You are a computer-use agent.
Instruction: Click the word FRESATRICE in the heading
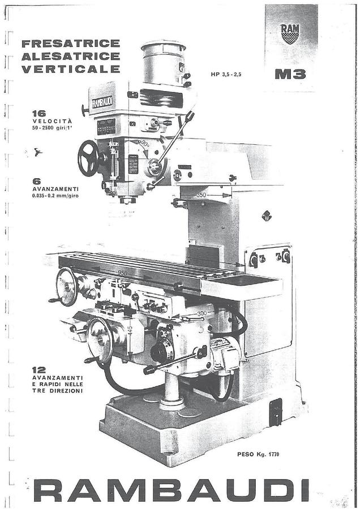click(x=70, y=44)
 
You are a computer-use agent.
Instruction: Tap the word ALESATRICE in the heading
click(x=70, y=56)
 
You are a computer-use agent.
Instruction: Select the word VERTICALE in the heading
click(x=70, y=69)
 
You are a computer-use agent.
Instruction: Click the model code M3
click(x=290, y=74)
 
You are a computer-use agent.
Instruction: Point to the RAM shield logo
click(x=290, y=34)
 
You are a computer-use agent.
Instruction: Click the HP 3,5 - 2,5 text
click(x=226, y=74)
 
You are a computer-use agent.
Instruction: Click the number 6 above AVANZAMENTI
click(x=37, y=182)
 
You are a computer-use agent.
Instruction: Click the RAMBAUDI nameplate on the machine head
click(x=102, y=102)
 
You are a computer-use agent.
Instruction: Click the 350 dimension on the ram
click(x=202, y=195)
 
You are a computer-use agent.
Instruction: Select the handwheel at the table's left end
click(x=66, y=287)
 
